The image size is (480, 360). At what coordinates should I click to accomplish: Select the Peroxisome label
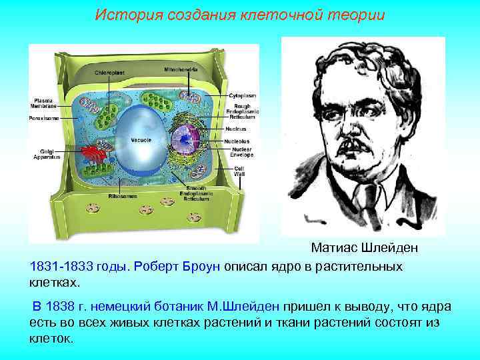coord(44,118)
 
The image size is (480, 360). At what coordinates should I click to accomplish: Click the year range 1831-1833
coord(61,267)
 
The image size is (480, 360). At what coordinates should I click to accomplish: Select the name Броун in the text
coord(201,267)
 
